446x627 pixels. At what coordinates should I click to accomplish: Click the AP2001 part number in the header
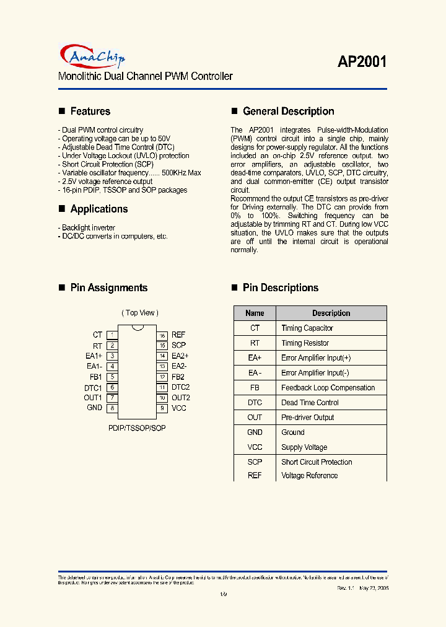pos(362,62)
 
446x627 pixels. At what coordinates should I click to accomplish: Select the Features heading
pos(90,112)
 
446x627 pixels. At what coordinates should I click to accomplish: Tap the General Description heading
pos(288,112)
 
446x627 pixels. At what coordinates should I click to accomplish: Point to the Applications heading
pos(98,209)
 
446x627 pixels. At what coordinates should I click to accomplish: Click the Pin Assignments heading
pos(108,287)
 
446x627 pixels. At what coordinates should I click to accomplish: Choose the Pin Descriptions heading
pos(280,287)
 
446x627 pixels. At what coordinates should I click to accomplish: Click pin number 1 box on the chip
pos(112,335)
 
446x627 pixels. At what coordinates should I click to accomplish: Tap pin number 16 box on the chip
pos(162,335)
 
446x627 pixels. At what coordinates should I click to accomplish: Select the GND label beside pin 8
pos(95,408)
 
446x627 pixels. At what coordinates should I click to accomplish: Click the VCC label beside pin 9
pos(178,408)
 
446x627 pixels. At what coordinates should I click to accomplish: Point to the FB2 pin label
pos(178,377)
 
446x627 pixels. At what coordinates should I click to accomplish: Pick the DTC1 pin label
pos(93,387)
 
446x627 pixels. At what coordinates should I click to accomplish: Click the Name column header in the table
pos(255,313)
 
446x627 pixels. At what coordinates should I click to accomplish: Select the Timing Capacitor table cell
pos(307,328)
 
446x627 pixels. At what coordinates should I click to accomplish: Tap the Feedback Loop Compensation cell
pos(328,388)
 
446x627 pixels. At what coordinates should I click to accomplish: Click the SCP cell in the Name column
pos(255,462)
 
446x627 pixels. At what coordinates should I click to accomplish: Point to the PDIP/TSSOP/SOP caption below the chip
pos(137,427)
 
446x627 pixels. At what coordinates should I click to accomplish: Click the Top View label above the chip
pos(139,313)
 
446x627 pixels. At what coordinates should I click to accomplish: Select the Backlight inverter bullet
pos(88,228)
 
